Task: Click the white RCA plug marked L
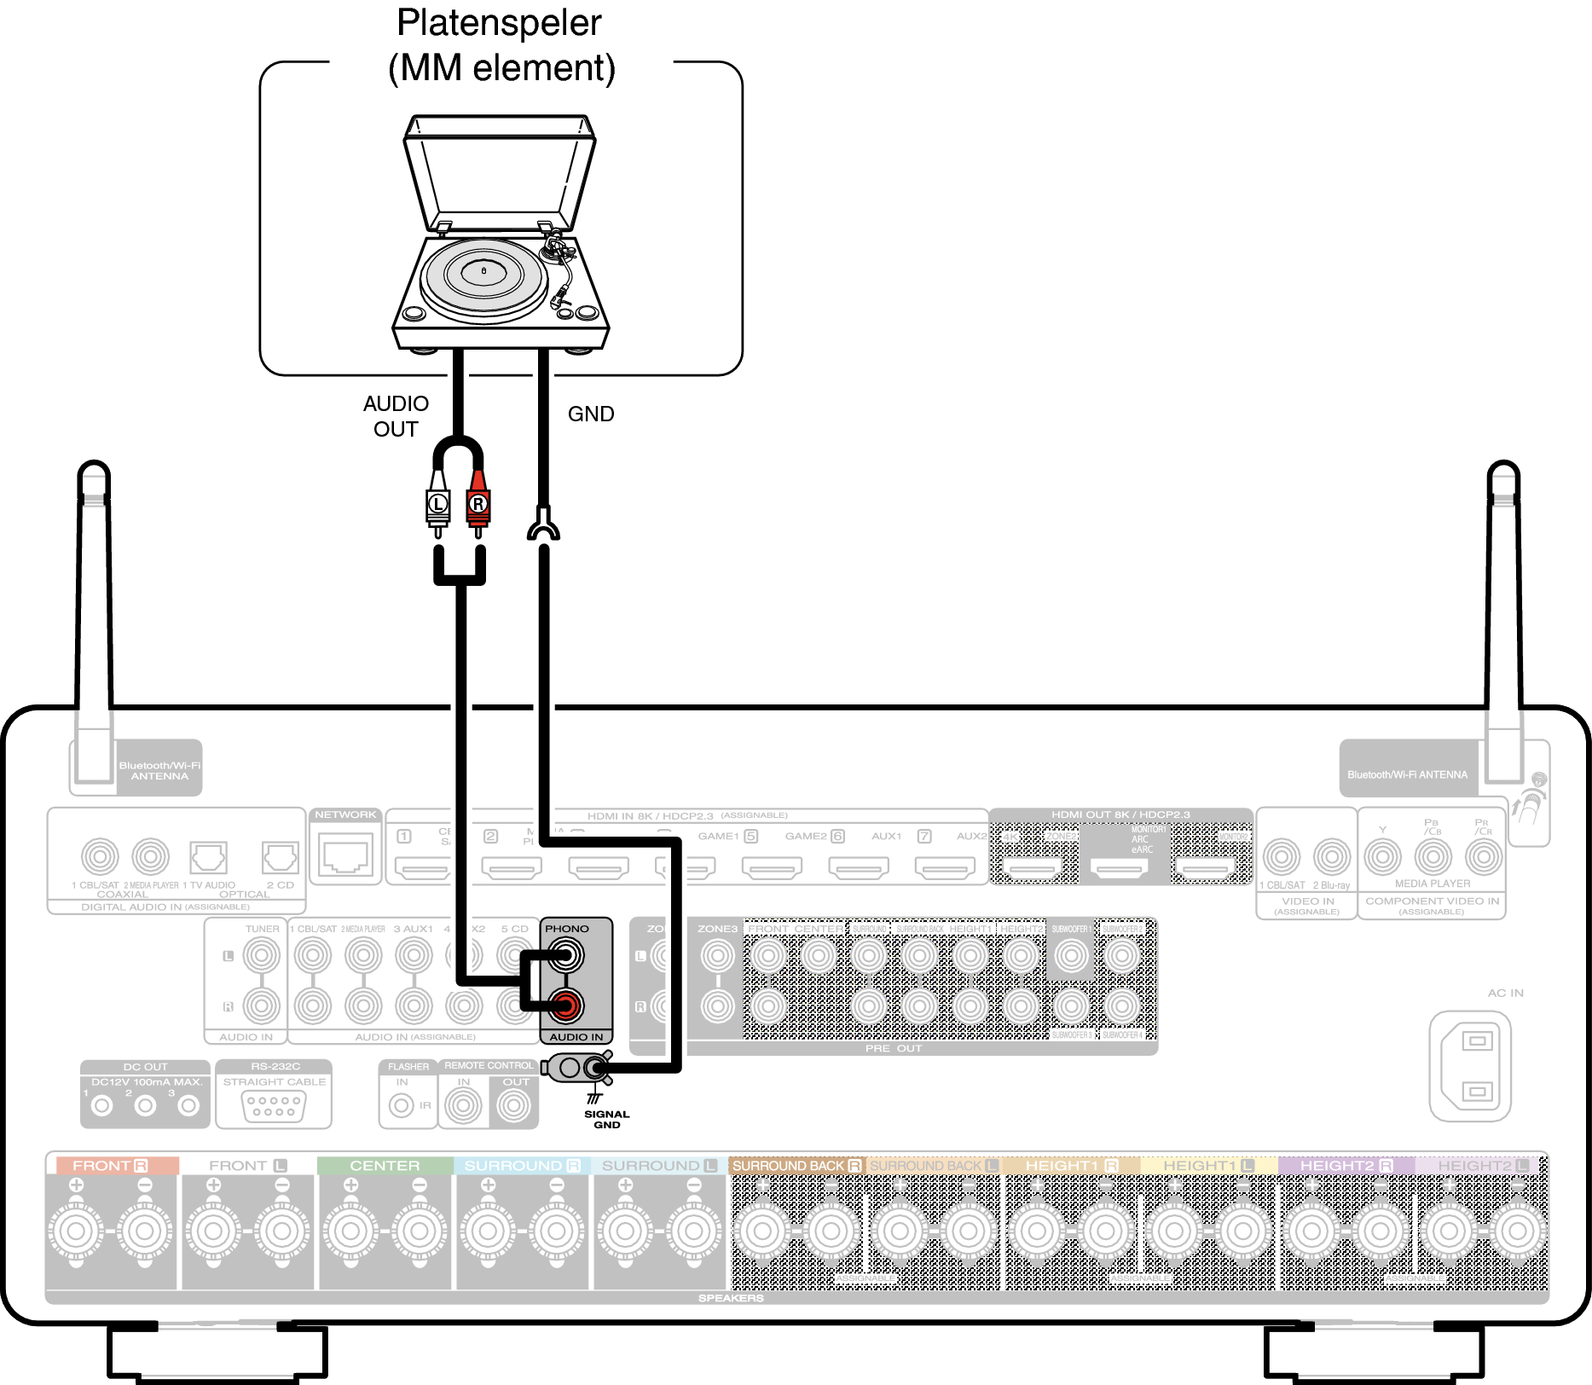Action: click(437, 504)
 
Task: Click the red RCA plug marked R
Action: click(478, 504)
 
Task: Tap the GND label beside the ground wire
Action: click(591, 414)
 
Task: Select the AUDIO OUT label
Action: click(396, 416)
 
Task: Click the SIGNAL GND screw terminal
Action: click(594, 1067)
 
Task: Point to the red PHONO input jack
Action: click(565, 1006)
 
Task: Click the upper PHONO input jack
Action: click(565, 955)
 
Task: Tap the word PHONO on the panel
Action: click(567, 929)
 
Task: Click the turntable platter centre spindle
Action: click(483, 271)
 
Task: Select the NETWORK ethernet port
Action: click(345, 855)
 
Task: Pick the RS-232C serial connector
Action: click(274, 1106)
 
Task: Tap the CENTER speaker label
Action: click(385, 1166)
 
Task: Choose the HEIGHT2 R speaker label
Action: click(1346, 1166)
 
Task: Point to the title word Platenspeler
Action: click(499, 23)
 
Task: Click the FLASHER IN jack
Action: click(401, 1106)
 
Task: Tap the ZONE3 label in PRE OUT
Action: click(717, 929)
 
